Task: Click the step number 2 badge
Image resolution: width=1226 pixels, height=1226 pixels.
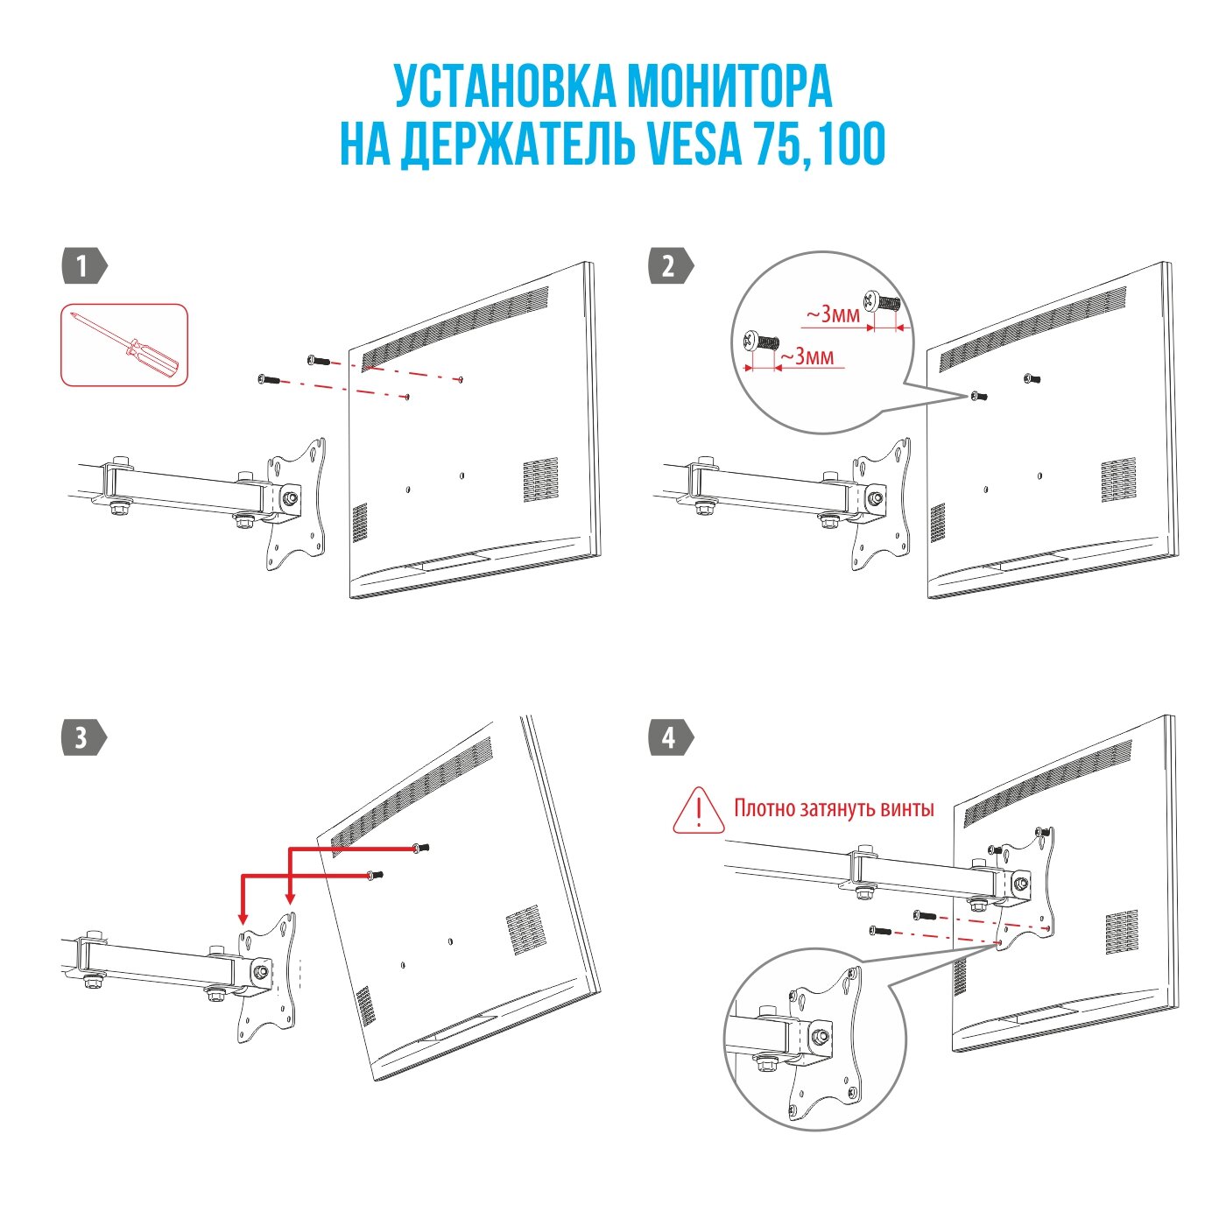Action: click(x=669, y=266)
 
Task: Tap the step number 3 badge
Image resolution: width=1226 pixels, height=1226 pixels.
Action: click(x=82, y=737)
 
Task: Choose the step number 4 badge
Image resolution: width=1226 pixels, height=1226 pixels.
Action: click(x=669, y=737)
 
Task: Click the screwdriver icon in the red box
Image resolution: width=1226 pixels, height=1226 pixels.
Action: click(x=124, y=344)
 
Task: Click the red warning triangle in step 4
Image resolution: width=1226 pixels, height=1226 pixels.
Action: click(x=699, y=810)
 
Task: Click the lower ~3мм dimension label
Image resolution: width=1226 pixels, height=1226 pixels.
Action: click(x=807, y=356)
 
